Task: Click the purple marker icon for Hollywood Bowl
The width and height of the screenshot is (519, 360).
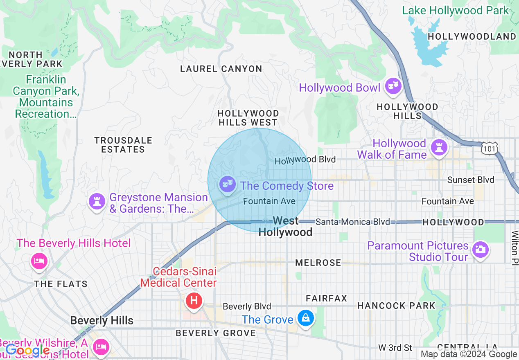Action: (393, 86)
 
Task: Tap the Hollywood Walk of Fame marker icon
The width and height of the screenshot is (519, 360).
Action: (440, 147)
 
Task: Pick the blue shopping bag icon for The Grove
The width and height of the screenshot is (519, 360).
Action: (305, 318)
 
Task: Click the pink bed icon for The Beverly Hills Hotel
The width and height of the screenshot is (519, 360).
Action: (39, 261)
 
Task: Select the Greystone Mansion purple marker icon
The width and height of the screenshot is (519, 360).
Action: (97, 201)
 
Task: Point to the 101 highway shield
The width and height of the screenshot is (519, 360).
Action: (490, 148)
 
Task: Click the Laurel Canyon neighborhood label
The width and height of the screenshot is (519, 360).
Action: (221, 69)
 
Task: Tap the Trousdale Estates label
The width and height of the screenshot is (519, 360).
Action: (123, 145)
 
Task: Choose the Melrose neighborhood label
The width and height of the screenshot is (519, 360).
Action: (318, 263)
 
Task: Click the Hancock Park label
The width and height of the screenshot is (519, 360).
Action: (396, 306)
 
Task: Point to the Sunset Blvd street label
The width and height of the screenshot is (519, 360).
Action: (470, 180)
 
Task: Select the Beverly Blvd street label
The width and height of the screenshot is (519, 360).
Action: (247, 306)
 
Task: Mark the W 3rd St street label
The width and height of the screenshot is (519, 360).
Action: (395, 348)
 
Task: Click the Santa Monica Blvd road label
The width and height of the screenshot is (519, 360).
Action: (352, 222)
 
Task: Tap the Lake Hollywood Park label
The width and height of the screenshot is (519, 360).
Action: (455, 10)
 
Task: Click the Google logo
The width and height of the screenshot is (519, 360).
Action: (27, 350)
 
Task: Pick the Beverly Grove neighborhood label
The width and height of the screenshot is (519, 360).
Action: (216, 333)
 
